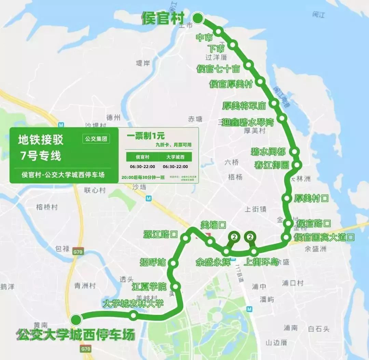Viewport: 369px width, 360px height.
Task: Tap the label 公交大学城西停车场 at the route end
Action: coord(76,335)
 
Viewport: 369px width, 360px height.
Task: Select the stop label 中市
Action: coord(205,38)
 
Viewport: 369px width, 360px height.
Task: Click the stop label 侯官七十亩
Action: coord(218,69)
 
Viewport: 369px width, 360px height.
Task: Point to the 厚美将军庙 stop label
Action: coord(244,106)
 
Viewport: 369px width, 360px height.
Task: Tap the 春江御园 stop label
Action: coord(272,165)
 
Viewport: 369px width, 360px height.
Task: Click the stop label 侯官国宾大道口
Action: coord(324,237)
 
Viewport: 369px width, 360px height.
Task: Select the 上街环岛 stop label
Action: coord(261,262)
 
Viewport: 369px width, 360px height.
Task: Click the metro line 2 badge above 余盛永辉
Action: coord(234,237)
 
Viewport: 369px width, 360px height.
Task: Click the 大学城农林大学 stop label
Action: coord(133,303)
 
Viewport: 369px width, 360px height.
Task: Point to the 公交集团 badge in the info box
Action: coord(96,139)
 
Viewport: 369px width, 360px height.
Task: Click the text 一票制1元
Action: coord(141,136)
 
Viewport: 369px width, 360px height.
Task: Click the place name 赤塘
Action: coord(195,119)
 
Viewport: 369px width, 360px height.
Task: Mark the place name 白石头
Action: coord(318,329)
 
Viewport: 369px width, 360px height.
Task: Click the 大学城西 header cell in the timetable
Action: coord(175,157)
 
